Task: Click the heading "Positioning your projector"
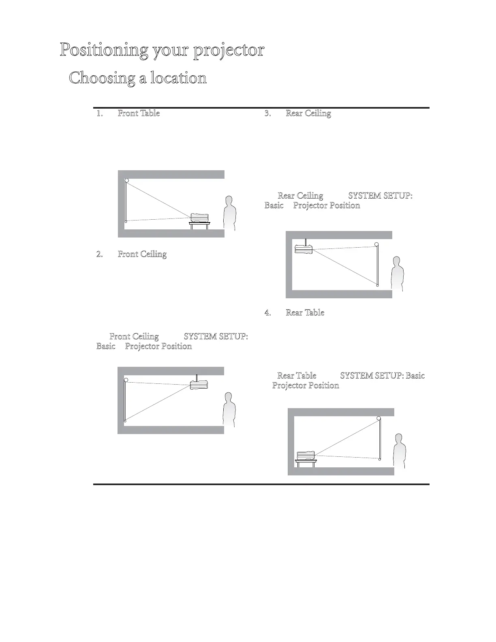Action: tap(162, 50)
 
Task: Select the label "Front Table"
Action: tap(139, 113)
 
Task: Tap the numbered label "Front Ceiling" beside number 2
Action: tap(142, 254)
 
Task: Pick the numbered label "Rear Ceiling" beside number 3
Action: tap(308, 113)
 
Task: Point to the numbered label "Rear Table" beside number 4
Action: tap(305, 312)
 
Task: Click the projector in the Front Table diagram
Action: tap(199, 218)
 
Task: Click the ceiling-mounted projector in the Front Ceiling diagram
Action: tap(199, 384)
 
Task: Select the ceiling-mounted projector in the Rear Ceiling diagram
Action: tap(304, 249)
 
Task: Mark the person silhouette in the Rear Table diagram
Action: tap(400, 452)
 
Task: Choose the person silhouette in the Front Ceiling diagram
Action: tap(229, 409)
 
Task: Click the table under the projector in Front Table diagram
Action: tap(199, 225)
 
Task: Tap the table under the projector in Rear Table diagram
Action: tap(306, 463)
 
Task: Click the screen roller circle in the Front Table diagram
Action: tap(127, 180)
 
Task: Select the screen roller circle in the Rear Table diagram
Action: tap(379, 418)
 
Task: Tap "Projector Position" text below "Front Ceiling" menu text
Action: tap(158, 346)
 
